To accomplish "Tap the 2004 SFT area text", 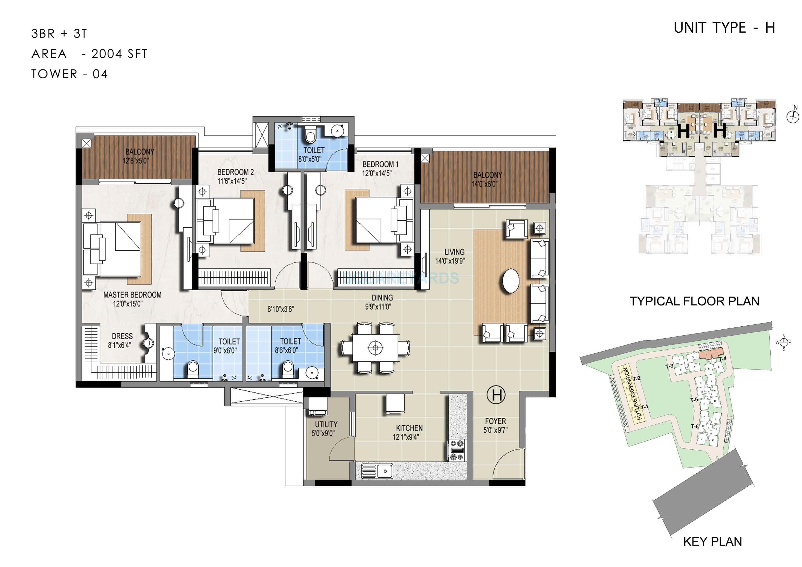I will tap(119, 54).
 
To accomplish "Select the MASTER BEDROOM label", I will tap(132, 295).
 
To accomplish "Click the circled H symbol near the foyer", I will tap(496, 395).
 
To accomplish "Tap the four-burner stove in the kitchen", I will tap(457, 450).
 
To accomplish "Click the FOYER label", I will tap(495, 421).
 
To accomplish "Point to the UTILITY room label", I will tap(326, 424).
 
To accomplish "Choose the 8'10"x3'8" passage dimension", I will tap(281, 309).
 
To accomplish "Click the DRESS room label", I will tap(122, 336).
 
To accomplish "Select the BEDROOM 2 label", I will tap(235, 172).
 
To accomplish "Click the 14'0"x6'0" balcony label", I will tap(484, 184).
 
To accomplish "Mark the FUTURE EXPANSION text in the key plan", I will tap(632, 393).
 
